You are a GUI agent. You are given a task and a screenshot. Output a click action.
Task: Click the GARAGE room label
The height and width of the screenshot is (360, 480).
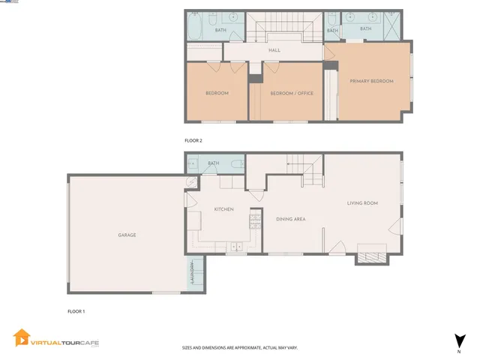pos(127,235)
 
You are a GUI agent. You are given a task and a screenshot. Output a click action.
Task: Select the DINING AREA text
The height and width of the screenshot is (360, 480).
pos(290,219)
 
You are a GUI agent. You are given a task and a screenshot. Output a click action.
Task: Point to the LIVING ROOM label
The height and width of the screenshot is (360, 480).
pos(361,203)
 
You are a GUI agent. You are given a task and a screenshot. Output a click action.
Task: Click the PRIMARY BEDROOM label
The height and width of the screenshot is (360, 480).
pos(370,81)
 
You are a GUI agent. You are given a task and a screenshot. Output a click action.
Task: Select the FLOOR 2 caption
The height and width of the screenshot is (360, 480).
pos(193,140)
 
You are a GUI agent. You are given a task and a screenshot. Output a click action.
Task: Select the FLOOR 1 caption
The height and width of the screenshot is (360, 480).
pos(77,310)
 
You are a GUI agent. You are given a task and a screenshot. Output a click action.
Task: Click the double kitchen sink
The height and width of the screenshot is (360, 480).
pos(237,246)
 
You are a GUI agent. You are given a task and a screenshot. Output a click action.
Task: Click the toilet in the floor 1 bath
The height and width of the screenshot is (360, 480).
pos(236,163)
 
